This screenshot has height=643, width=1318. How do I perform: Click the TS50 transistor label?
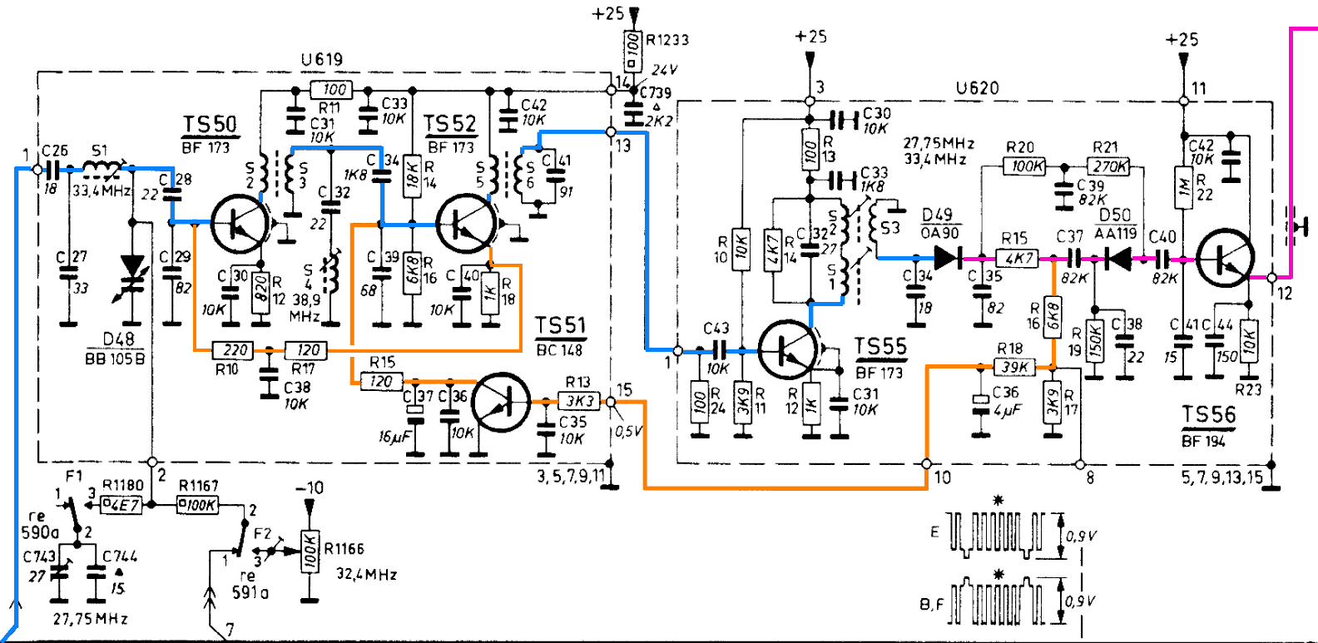click(x=210, y=125)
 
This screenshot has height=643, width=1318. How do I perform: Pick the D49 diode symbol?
click(x=949, y=258)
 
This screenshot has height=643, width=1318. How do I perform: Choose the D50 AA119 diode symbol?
click(x=1117, y=259)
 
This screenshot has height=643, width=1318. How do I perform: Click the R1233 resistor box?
click(x=633, y=42)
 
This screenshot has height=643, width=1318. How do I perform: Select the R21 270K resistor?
click(x=1110, y=166)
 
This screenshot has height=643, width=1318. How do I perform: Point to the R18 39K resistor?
click(x=1014, y=366)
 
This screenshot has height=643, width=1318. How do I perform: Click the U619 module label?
click(x=322, y=60)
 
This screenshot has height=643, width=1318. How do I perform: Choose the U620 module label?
click(x=977, y=88)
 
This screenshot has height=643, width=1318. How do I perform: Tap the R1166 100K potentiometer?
click(x=310, y=550)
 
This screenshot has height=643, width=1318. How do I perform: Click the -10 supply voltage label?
click(x=310, y=488)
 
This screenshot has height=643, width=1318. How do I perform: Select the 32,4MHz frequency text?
click(x=366, y=575)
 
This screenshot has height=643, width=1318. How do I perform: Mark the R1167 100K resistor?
click(x=198, y=504)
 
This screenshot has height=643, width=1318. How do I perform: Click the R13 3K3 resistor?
click(x=579, y=401)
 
